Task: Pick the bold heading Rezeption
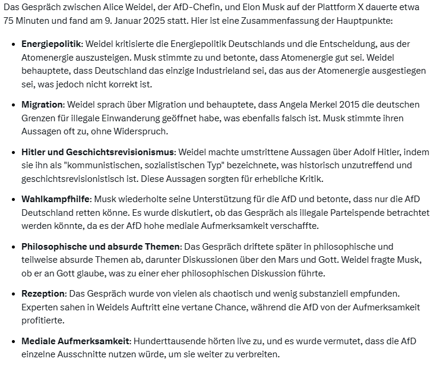(x=43, y=294)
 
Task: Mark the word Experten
(x=41, y=307)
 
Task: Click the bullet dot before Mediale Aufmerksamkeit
(x=13, y=342)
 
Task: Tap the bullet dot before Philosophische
(x=13, y=247)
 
